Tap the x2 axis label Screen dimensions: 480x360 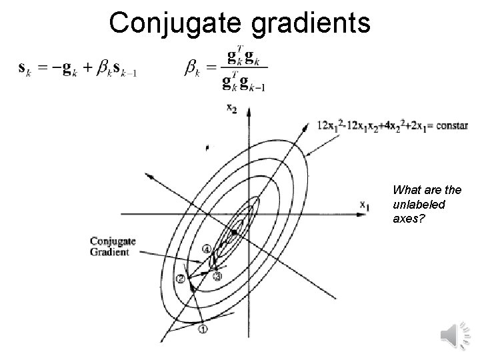pyautogui.click(x=232, y=109)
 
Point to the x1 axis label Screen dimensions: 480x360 pyautogui.click(x=365, y=206)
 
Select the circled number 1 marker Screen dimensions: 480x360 pyautogui.click(x=203, y=328)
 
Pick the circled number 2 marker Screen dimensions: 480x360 pyautogui.click(x=179, y=278)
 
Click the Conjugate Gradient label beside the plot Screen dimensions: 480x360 pyautogui.click(x=112, y=246)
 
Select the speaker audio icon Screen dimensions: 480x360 pyautogui.click(x=455, y=333)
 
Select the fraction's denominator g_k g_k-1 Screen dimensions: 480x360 pyautogui.click(x=243, y=84)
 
